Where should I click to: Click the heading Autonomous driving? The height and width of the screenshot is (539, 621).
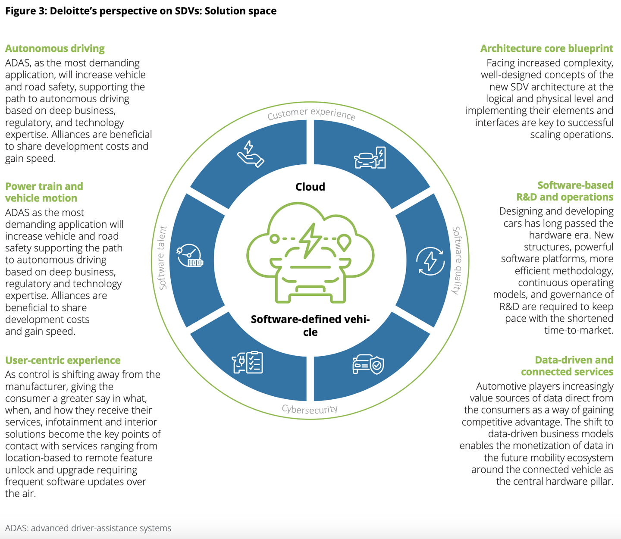55,48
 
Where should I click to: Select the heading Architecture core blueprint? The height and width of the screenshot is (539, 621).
546,48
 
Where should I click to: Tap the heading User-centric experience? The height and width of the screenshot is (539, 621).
63,360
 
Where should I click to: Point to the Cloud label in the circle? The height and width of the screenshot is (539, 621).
310,187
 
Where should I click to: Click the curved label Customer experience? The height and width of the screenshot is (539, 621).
311,114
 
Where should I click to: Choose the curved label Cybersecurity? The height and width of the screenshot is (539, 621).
310,409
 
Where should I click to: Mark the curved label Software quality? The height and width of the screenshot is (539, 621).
457,260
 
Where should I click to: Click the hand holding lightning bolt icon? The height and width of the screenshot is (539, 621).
250,154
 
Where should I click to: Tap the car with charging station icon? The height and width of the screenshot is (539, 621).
370,158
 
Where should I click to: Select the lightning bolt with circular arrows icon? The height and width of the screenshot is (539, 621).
430,261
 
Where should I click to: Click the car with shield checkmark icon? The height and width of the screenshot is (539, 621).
368,364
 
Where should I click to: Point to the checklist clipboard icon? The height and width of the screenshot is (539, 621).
248,362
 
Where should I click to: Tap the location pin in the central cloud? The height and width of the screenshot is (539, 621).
344,242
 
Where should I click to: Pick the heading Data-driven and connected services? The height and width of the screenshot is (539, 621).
567,366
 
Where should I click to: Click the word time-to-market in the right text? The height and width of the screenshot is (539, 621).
578,330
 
